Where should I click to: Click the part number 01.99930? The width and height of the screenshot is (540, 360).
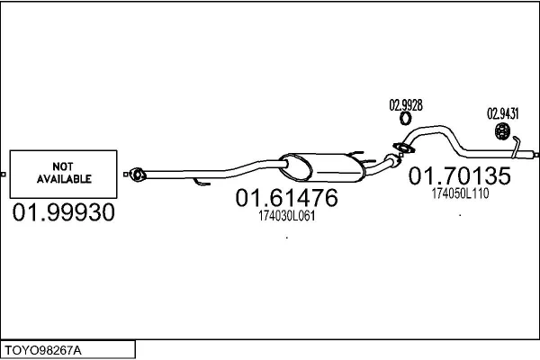click(63, 211)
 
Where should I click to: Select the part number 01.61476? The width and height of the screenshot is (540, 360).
click(286, 198)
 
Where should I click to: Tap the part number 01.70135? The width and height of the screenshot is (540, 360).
click(459, 175)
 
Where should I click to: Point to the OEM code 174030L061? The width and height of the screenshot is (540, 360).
click(286, 216)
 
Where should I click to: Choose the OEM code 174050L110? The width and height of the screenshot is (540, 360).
click(460, 193)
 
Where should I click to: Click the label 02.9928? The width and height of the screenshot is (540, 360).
click(406, 105)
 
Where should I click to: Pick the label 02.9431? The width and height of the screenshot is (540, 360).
click(502, 113)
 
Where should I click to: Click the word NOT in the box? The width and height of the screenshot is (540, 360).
click(63, 166)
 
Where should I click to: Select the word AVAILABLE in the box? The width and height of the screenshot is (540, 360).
click(64, 179)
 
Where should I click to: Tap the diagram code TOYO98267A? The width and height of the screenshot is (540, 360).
click(43, 350)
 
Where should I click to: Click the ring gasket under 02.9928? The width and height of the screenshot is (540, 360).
click(406, 118)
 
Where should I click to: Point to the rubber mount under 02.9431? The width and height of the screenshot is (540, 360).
click(502, 131)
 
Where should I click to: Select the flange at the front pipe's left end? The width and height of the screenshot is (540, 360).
click(138, 175)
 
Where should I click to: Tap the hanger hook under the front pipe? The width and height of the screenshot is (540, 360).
click(202, 182)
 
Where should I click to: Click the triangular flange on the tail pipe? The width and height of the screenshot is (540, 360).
click(403, 148)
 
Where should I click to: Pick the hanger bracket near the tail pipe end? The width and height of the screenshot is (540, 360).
click(516, 147)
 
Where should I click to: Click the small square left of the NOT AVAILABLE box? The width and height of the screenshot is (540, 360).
click(3, 175)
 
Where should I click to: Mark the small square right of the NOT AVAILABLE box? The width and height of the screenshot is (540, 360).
click(126, 175)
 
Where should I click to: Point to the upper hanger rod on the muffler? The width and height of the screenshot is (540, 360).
click(356, 153)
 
